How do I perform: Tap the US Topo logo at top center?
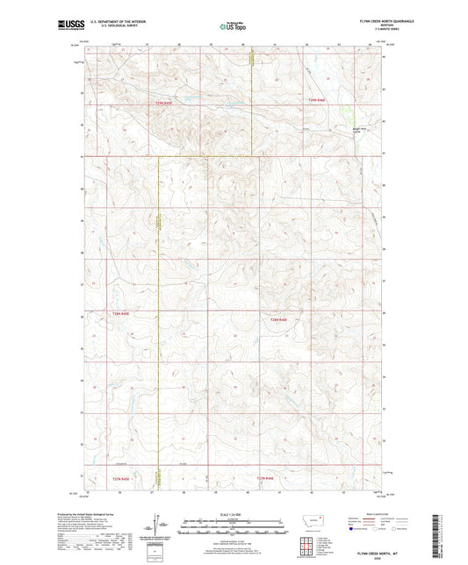233,25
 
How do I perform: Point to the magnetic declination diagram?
157,528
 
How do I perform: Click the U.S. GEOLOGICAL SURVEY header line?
112,26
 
